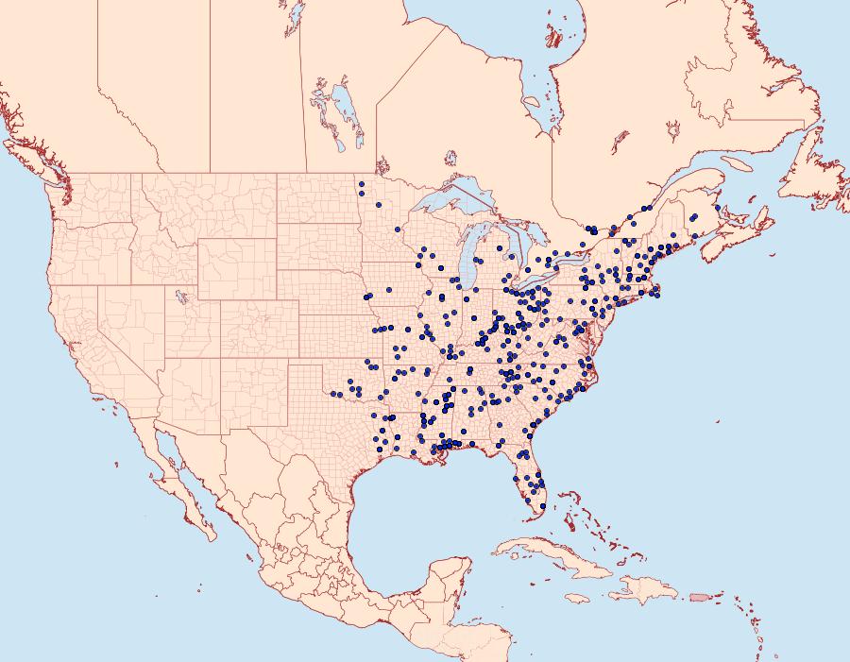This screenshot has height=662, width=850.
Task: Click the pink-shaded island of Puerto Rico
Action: tap(698, 596)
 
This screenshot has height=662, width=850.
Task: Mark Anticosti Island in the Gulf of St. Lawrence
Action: tap(740, 164)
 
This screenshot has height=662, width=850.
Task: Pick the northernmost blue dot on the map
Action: tap(362, 183)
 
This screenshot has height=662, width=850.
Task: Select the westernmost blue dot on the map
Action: tap(332, 393)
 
